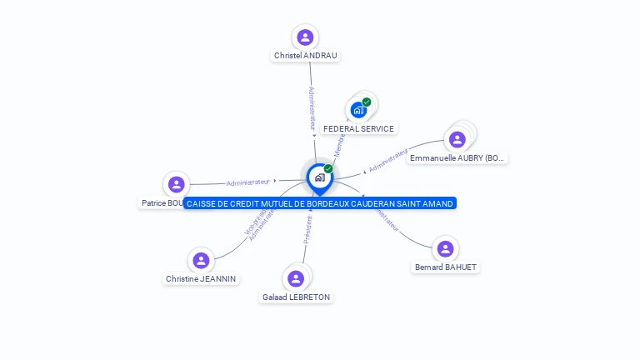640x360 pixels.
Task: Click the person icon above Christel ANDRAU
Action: [x=305, y=37]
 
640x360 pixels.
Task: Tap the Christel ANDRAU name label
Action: [x=306, y=56]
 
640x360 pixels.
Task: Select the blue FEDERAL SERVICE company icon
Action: [x=358, y=110]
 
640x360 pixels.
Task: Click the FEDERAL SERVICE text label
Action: [x=358, y=129]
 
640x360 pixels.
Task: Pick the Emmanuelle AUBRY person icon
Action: [x=457, y=139]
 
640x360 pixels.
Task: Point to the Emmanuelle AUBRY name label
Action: [x=457, y=157]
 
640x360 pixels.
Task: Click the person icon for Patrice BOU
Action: [x=176, y=184]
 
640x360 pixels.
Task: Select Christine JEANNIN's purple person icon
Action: [x=201, y=260]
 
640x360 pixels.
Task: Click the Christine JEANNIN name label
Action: [x=201, y=279]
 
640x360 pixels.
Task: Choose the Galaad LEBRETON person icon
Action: [x=295, y=278]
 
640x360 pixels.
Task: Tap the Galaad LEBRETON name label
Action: [x=296, y=297]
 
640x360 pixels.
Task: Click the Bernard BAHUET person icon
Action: [x=445, y=248]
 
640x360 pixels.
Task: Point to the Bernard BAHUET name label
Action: [x=446, y=267]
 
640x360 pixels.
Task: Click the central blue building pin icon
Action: [x=318, y=177]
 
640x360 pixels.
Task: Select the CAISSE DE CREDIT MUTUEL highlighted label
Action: [x=320, y=203]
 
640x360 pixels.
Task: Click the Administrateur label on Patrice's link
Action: [x=248, y=182]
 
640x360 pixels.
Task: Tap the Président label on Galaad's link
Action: [x=307, y=230]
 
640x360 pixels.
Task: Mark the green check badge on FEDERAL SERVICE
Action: [x=367, y=102]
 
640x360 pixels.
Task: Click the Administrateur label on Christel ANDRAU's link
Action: [x=312, y=108]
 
